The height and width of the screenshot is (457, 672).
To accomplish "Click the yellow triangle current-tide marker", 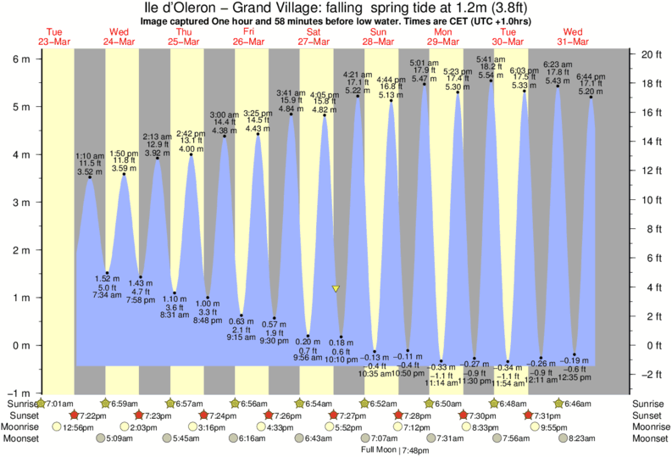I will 336,289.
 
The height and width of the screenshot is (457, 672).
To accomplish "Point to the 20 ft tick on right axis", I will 650,54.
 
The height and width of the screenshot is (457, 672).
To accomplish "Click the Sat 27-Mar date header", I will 314,36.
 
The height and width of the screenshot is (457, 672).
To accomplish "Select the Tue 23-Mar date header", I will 55,36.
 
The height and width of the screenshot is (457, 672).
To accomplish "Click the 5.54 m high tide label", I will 492,75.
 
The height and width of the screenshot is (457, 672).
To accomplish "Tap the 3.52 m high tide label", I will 89,171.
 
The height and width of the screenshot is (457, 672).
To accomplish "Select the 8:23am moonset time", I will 586,439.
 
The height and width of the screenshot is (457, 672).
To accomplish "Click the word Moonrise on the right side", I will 649,427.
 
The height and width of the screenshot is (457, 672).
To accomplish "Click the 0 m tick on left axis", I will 21,346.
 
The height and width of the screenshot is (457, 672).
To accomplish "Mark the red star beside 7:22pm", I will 75,415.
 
